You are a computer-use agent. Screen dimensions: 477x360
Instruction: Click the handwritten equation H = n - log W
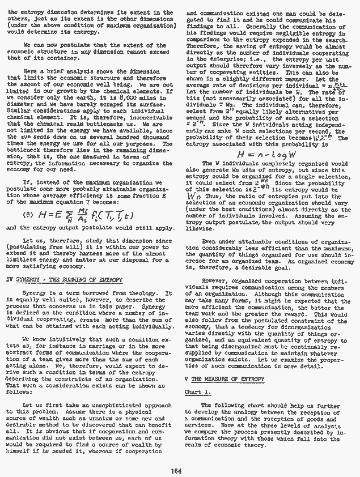click(x=245, y=155)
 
